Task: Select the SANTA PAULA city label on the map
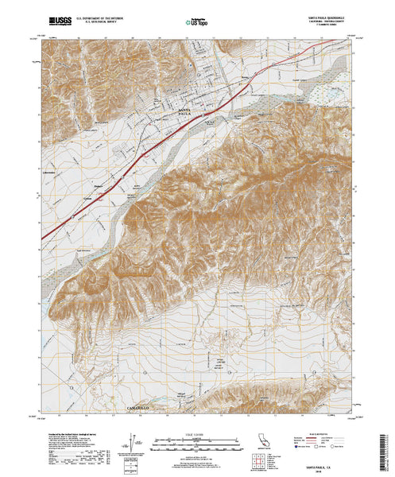coord(184,110)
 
